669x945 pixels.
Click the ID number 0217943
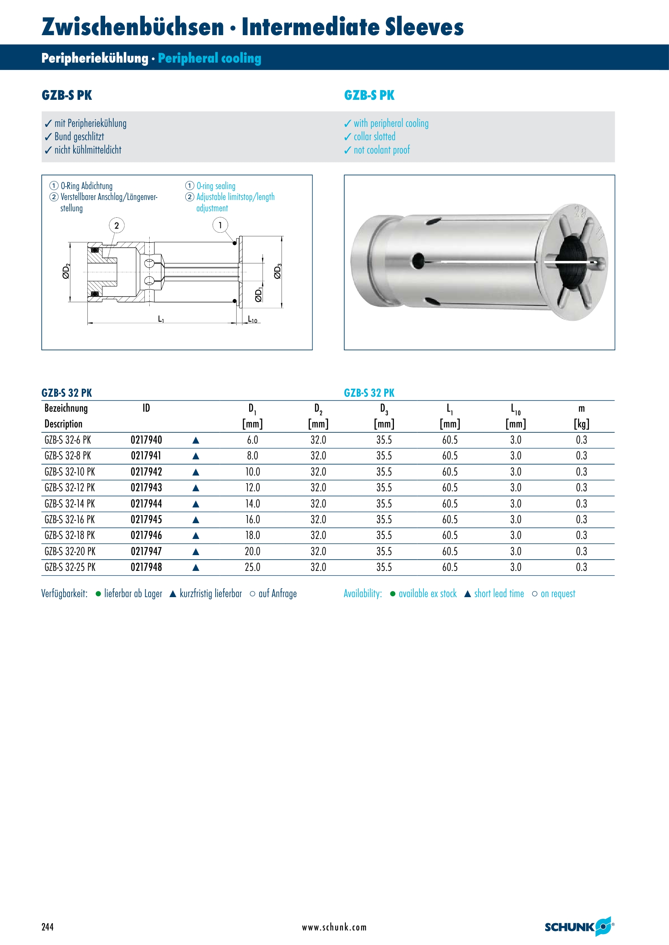[x=146, y=488]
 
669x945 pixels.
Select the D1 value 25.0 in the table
[x=252, y=567]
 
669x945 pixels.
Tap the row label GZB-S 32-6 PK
[x=68, y=440]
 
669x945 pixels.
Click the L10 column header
[x=515, y=409]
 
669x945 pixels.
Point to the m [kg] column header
[x=581, y=416]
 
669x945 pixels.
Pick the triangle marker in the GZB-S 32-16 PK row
[x=196, y=520]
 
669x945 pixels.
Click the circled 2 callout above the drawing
[x=116, y=225]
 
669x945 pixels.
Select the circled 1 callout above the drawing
[x=220, y=225]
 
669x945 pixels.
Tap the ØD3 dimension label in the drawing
[x=277, y=271]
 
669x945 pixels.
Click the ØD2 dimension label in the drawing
[x=66, y=271]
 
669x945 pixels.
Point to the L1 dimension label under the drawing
[x=161, y=319]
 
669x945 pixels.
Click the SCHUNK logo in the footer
[x=579, y=927]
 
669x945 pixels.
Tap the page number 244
[x=47, y=927]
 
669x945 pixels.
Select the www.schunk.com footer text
[x=334, y=927]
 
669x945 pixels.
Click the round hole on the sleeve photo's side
[x=418, y=261]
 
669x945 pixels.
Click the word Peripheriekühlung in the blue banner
[x=95, y=58]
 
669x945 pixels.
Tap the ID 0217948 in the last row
[x=146, y=567]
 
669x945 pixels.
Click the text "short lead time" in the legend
[x=499, y=594]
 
